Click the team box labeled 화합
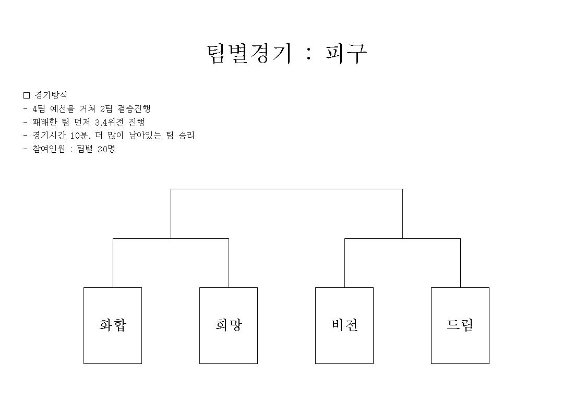pyautogui.click(x=113, y=325)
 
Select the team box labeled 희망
pyautogui.click(x=229, y=325)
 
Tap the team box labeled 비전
pyautogui.click(x=344, y=325)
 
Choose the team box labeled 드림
pyautogui.click(x=460, y=325)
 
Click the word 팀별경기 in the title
pyautogui.click(x=249, y=54)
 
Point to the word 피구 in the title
pyautogui.click(x=346, y=54)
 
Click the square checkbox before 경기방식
pyautogui.click(x=27, y=95)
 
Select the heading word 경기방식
pyautogui.click(x=51, y=95)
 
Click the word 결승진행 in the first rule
pyautogui.click(x=134, y=108)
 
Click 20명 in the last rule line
pyautogui.click(x=106, y=149)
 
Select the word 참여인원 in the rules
pyautogui.click(x=49, y=149)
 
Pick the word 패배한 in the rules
pyautogui.click(x=45, y=122)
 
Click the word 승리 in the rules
pyautogui.click(x=187, y=136)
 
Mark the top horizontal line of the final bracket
pyautogui.click(x=286, y=189)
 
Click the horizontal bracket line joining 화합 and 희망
pyautogui.click(x=171, y=238)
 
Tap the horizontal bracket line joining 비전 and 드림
pyautogui.click(x=402, y=238)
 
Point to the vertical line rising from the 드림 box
pyautogui.click(x=460, y=263)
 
